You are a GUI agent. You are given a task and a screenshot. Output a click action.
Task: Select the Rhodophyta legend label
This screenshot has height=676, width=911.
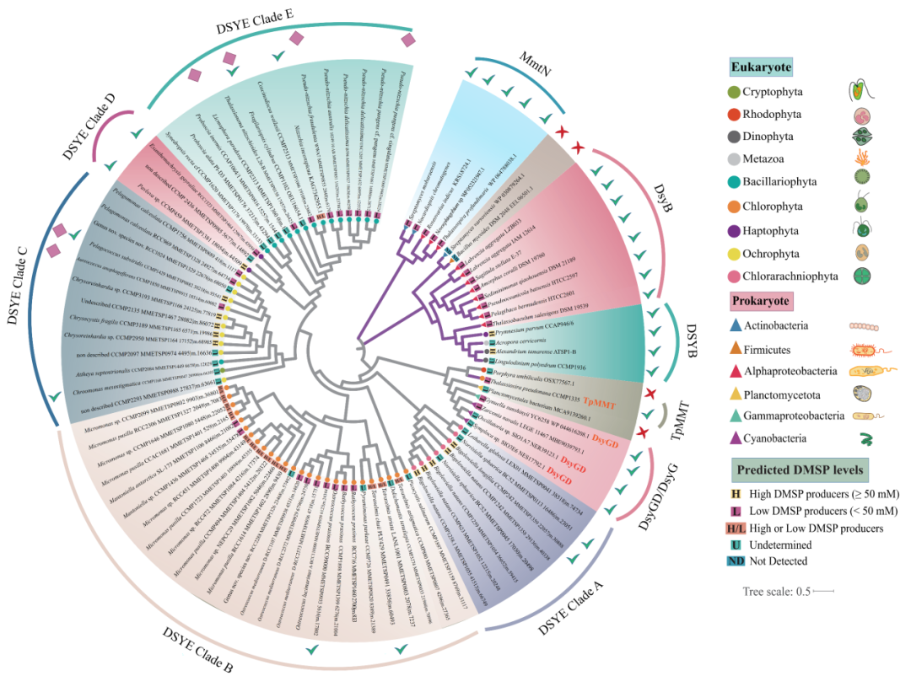777,115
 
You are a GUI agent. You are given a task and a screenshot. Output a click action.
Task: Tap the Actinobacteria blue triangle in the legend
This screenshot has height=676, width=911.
736,325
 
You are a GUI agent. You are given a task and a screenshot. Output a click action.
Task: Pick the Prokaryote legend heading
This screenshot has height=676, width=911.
761,301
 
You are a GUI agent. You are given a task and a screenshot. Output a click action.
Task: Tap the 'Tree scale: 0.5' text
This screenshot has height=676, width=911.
775,592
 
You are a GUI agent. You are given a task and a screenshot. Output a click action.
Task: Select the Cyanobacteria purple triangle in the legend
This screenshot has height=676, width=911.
736,438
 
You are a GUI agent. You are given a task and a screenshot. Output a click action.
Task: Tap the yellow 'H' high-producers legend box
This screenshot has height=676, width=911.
736,495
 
